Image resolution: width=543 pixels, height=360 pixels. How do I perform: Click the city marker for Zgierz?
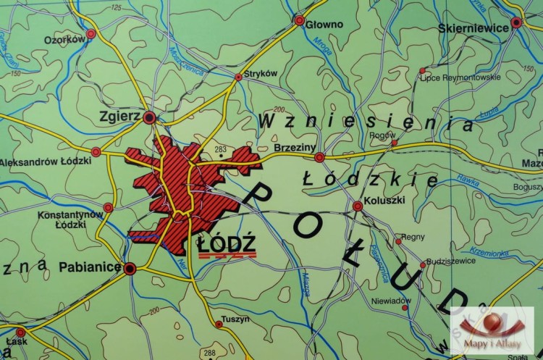(x=149, y=117)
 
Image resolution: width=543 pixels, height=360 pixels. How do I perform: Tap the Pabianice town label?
(x=89, y=267)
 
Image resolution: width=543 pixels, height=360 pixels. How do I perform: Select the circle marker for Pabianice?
(x=130, y=269)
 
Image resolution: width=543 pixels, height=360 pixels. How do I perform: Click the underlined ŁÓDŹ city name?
(x=227, y=244)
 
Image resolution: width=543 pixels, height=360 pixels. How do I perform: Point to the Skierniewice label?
(x=472, y=28)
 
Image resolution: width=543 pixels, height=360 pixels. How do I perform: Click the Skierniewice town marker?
(x=516, y=22)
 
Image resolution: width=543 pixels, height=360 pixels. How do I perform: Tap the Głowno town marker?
(x=299, y=20)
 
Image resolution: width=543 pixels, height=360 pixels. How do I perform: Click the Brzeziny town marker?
(x=319, y=156)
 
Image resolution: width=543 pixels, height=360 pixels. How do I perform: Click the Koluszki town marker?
(x=358, y=206)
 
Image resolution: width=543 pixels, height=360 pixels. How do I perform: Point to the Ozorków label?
(x=64, y=40)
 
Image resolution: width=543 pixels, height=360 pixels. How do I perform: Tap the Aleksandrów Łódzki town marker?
(x=96, y=152)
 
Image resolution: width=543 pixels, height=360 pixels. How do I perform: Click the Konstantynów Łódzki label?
(x=71, y=219)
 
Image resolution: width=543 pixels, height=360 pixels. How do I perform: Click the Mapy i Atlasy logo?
(x=492, y=330)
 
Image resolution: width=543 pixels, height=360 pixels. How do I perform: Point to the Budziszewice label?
(x=451, y=260)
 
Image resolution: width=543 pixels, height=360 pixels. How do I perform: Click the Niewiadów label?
(x=391, y=301)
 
